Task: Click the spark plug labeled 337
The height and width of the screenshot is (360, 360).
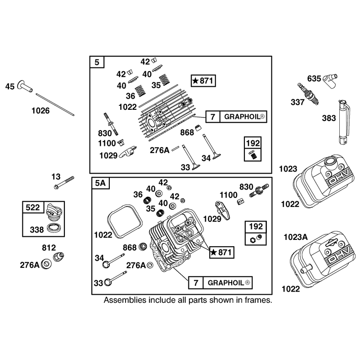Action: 308,94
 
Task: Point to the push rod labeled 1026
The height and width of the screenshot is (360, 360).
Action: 55,104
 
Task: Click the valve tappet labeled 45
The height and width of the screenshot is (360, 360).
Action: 25,86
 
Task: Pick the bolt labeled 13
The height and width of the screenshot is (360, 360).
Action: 64,183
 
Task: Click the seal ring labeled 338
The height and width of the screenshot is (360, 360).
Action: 54,228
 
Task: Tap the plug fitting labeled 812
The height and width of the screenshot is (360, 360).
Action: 58,256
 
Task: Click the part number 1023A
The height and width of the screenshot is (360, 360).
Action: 296,237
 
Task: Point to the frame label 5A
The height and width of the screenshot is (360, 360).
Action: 100,183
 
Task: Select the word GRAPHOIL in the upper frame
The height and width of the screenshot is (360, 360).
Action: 242,117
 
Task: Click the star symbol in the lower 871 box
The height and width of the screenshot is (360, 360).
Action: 213,252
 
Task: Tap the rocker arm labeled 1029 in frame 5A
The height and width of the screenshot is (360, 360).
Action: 222,210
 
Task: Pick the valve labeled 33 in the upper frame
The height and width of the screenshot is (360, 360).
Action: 190,157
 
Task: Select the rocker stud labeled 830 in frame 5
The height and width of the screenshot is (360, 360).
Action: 111,124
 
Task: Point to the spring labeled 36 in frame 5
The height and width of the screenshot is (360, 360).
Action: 140,91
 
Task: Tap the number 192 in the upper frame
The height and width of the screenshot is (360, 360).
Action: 252,143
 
